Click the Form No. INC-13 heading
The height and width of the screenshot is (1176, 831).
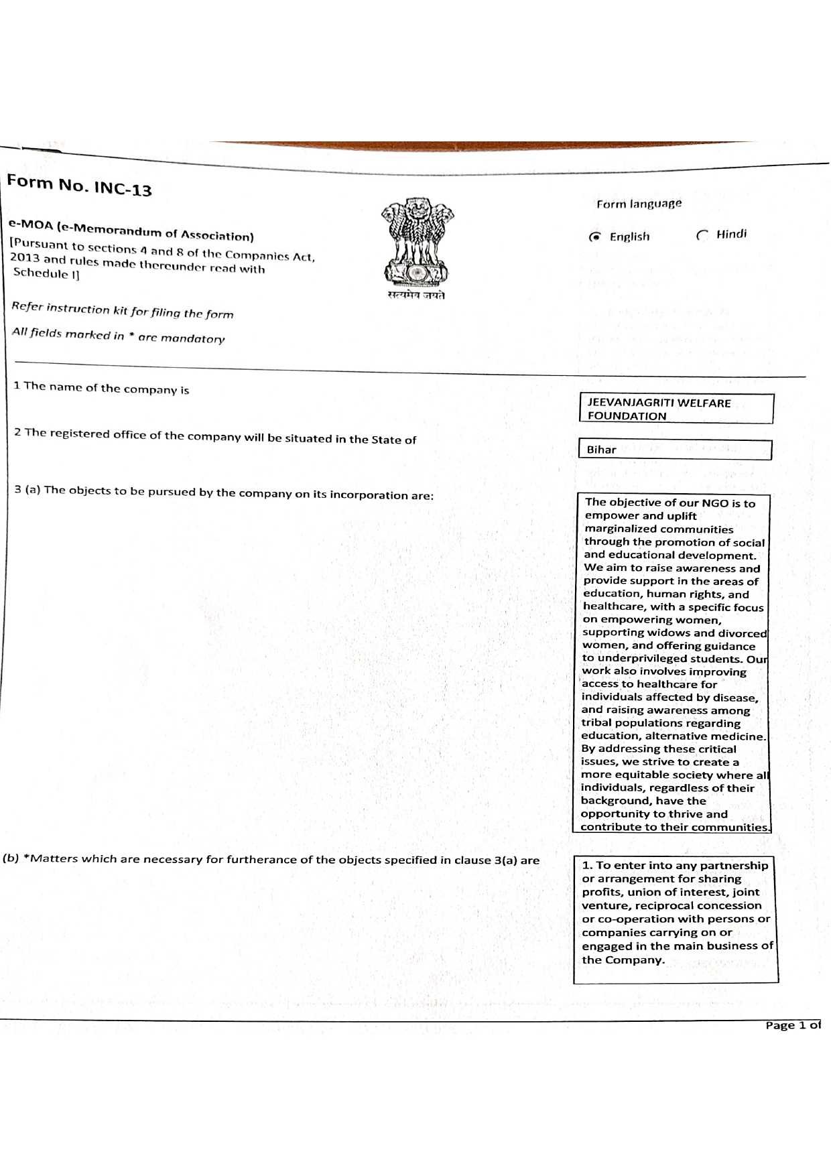tap(79, 184)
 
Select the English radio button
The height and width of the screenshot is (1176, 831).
tap(594, 237)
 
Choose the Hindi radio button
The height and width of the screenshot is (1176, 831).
tap(702, 235)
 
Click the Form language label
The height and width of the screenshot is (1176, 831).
tap(639, 204)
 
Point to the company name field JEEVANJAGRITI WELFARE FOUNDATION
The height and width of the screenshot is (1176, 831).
tap(676, 409)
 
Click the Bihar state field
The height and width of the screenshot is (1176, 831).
tap(674, 450)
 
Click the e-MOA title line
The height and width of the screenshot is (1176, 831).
tap(131, 230)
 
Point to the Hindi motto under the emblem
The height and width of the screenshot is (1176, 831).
tap(416, 296)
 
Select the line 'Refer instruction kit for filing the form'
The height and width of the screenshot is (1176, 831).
tap(123, 310)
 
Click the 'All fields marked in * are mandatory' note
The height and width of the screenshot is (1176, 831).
tap(119, 335)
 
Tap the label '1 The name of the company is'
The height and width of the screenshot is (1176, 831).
tap(102, 388)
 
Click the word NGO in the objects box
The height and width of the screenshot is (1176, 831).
tap(714, 503)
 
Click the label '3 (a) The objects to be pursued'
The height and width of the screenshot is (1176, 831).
tap(225, 493)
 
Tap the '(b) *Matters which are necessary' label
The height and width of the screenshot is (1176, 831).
tap(271, 860)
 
